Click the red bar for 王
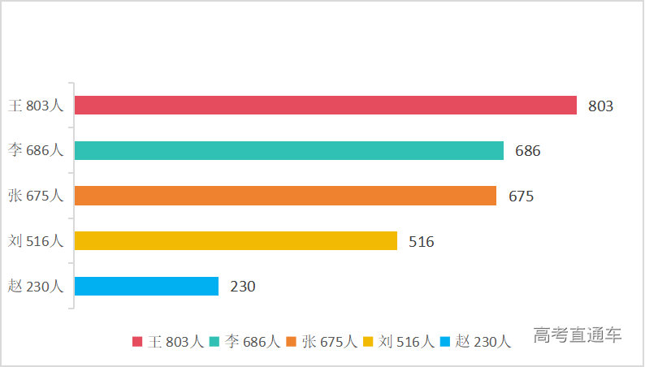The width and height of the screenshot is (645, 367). tap(325, 106)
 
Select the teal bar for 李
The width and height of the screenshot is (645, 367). tap(288, 151)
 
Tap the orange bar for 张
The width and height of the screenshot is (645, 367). tap(284, 196)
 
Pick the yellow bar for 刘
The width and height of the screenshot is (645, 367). tap(236, 241)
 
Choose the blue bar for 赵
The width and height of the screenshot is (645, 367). tap(146, 286)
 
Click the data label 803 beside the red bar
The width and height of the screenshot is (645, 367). tap(600, 106)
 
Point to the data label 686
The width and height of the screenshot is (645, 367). tap(527, 151)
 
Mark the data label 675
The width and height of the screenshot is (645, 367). tap(521, 196)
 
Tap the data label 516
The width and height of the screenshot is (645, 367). tap(422, 241)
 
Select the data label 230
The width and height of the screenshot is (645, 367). tap(243, 287)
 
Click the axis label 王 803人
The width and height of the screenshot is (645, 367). tap(35, 106)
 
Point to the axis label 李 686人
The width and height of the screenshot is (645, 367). tap(35, 150)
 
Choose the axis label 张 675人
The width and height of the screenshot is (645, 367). tap(35, 196)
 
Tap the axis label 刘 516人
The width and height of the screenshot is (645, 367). tap(35, 241)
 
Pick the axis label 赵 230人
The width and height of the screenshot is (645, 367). tap(35, 286)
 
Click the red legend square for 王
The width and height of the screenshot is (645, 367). tap(137, 342)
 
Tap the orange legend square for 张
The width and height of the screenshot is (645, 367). tap(291, 342)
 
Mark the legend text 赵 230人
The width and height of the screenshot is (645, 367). tap(483, 342)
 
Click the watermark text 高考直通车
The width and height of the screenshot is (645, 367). tap(578, 335)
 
